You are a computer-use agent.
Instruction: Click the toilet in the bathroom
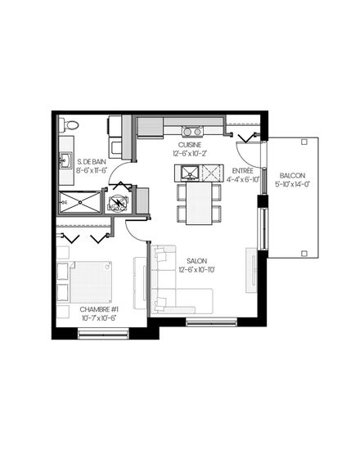point(69,125)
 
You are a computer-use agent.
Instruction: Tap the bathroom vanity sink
point(65,160)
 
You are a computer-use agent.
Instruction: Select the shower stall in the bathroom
point(80,202)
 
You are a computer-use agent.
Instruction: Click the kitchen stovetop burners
point(192,132)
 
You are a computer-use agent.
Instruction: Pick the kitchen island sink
point(190,173)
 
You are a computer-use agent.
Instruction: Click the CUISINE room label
point(190,145)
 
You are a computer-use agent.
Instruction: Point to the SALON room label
point(196,261)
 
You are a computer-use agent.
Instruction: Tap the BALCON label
point(292,175)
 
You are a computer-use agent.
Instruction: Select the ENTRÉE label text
point(242,171)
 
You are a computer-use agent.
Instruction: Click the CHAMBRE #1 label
point(99,309)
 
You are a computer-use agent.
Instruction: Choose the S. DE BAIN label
point(92,162)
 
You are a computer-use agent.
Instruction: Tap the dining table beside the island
point(199,204)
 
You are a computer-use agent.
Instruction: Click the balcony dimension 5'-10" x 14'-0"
point(292,184)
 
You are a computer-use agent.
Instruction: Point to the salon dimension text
point(196,270)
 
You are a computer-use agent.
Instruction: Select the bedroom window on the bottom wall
point(104,334)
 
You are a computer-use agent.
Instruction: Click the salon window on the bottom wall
point(212,322)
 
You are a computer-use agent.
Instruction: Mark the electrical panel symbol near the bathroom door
point(118,201)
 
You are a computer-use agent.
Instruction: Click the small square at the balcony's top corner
point(304,142)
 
